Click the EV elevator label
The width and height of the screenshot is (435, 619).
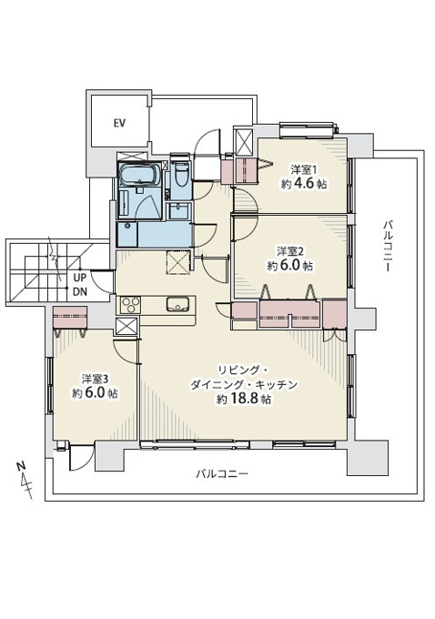119,123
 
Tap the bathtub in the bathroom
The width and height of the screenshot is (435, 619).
139,176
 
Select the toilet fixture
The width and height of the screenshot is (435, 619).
181,175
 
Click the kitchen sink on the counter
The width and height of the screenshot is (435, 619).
178,304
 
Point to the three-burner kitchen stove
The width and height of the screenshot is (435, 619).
131,305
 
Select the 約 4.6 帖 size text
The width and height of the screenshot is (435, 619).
304,184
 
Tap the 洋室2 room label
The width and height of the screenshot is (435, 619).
290,251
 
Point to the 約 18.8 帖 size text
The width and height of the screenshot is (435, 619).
244,399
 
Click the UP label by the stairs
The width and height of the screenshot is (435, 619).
80,278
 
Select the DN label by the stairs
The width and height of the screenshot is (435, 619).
80,292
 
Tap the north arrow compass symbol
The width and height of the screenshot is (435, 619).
24,481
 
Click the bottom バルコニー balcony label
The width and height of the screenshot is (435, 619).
222,473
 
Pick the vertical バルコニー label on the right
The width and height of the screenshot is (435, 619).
387,247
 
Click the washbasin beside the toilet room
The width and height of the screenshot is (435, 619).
179,211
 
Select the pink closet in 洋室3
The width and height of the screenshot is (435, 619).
70,317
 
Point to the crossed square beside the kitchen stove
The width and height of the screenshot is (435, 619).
127,327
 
